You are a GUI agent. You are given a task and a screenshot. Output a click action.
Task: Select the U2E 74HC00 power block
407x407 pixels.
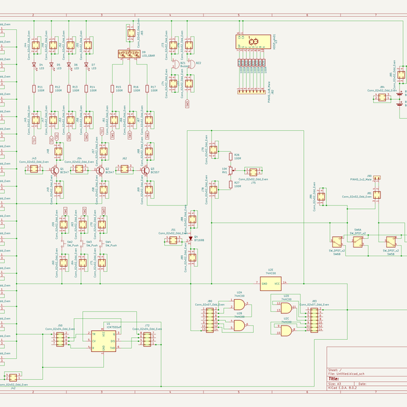pos(271,283)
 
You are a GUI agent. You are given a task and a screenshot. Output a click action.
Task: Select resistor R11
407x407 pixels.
pos(34,88)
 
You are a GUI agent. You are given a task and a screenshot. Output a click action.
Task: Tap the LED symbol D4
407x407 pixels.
pos(34,65)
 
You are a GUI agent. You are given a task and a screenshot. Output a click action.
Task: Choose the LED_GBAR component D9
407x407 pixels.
pos(128,53)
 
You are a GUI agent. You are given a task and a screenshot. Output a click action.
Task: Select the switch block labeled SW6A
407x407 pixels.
pos(336,241)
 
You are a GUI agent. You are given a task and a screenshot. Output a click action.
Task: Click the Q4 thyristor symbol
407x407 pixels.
pos(191,237)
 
